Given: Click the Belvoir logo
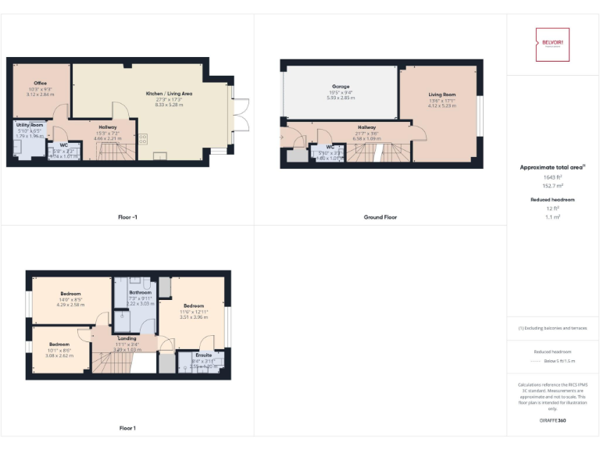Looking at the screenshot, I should (552, 45).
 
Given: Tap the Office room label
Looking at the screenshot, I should (40, 83).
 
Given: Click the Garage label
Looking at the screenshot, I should (341, 87).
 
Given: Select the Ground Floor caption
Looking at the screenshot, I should (380, 217).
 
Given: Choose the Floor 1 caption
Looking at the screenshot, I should (127, 428).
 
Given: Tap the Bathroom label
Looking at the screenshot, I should (140, 292).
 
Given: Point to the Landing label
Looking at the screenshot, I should (128, 338).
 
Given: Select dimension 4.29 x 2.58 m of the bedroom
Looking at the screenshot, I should (71, 304).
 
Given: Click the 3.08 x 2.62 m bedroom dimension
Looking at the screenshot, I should (59, 355).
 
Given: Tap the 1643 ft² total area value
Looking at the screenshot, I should (552, 177).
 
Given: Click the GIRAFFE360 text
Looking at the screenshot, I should (552, 420).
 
